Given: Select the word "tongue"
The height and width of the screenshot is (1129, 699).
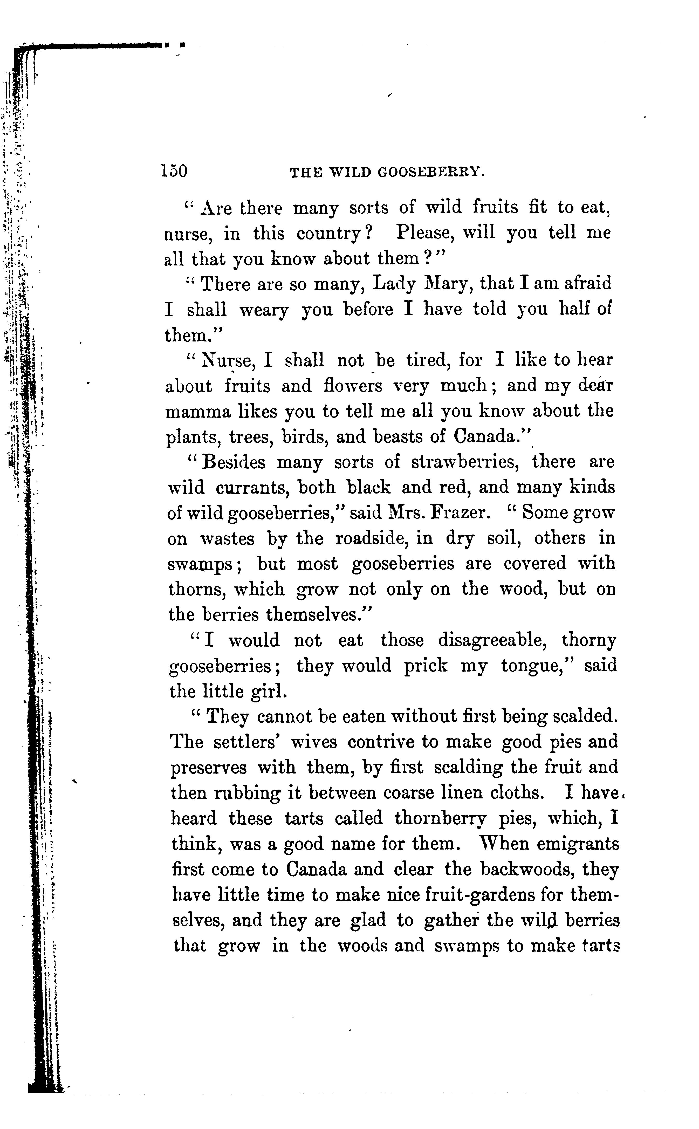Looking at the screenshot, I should (x=532, y=667).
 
